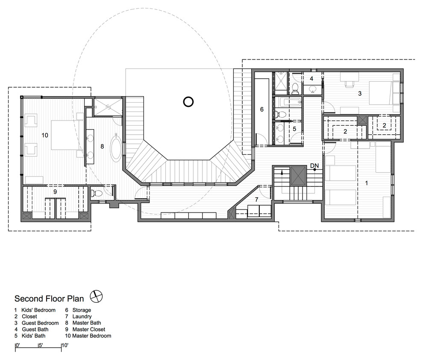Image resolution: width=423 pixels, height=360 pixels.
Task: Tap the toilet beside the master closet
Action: point(96,193)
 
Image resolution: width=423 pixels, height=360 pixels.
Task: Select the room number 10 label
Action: point(45,135)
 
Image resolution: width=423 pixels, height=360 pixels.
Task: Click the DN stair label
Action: point(314,165)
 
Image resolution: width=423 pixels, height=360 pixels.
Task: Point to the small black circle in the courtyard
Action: point(188,102)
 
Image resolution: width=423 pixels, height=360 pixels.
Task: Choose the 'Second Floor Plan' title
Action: point(49,299)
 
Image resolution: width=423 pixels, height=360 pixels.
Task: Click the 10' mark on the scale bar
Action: point(65,345)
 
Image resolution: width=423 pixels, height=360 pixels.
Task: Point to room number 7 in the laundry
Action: point(256,199)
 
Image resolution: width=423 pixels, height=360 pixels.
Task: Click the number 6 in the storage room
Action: point(261,109)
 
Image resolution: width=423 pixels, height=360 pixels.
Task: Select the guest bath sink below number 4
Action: point(313,89)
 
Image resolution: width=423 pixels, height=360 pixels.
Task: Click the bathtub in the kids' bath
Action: point(288,103)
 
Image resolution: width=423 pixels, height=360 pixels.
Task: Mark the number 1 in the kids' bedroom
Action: point(366,183)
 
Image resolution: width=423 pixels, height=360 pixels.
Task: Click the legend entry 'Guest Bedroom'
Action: point(40,323)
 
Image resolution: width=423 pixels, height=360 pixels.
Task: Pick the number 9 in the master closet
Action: point(55,192)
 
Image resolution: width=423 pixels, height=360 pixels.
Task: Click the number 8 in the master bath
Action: point(102,146)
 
